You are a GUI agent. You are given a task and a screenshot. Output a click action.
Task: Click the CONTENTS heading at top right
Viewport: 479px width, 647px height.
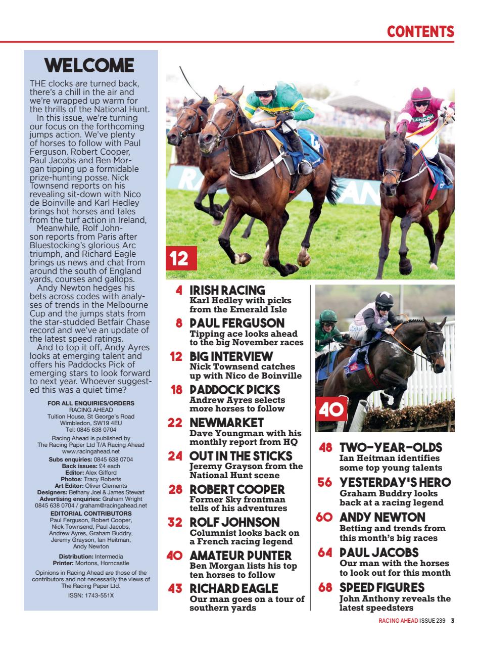(420, 32)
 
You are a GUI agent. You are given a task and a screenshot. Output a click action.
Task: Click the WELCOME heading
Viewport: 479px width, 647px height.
(89, 66)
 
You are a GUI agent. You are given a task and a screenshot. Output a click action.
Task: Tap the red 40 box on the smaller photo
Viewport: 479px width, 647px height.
(330, 409)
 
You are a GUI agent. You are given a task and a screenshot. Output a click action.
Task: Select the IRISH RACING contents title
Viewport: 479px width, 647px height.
(227, 290)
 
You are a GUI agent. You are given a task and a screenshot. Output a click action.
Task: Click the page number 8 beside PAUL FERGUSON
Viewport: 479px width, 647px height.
(179, 323)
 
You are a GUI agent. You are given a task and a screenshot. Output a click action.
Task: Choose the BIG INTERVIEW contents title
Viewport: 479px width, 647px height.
(230, 356)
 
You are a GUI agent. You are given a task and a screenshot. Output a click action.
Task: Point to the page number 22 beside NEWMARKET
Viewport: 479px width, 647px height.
(174, 423)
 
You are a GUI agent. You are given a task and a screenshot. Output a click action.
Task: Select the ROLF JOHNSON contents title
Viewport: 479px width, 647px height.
(234, 522)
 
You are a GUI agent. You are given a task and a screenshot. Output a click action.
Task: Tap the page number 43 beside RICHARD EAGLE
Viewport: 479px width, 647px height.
(175, 589)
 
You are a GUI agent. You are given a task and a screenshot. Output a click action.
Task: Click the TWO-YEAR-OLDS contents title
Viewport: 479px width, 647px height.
(391, 448)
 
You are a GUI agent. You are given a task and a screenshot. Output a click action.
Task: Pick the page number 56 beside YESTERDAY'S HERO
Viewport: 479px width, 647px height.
(324, 483)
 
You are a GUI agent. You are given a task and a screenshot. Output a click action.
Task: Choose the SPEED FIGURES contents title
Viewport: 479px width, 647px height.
(381, 588)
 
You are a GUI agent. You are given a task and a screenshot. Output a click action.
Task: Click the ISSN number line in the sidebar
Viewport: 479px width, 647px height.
(91, 595)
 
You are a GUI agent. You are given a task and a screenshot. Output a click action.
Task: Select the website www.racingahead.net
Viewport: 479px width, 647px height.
(91, 451)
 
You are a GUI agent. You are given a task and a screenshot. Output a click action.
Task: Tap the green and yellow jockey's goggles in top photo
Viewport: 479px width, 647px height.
(264, 94)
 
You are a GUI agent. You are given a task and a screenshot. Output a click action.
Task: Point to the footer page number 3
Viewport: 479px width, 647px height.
(453, 621)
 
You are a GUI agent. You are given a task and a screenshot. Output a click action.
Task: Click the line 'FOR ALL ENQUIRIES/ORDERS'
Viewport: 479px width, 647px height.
(91, 403)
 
